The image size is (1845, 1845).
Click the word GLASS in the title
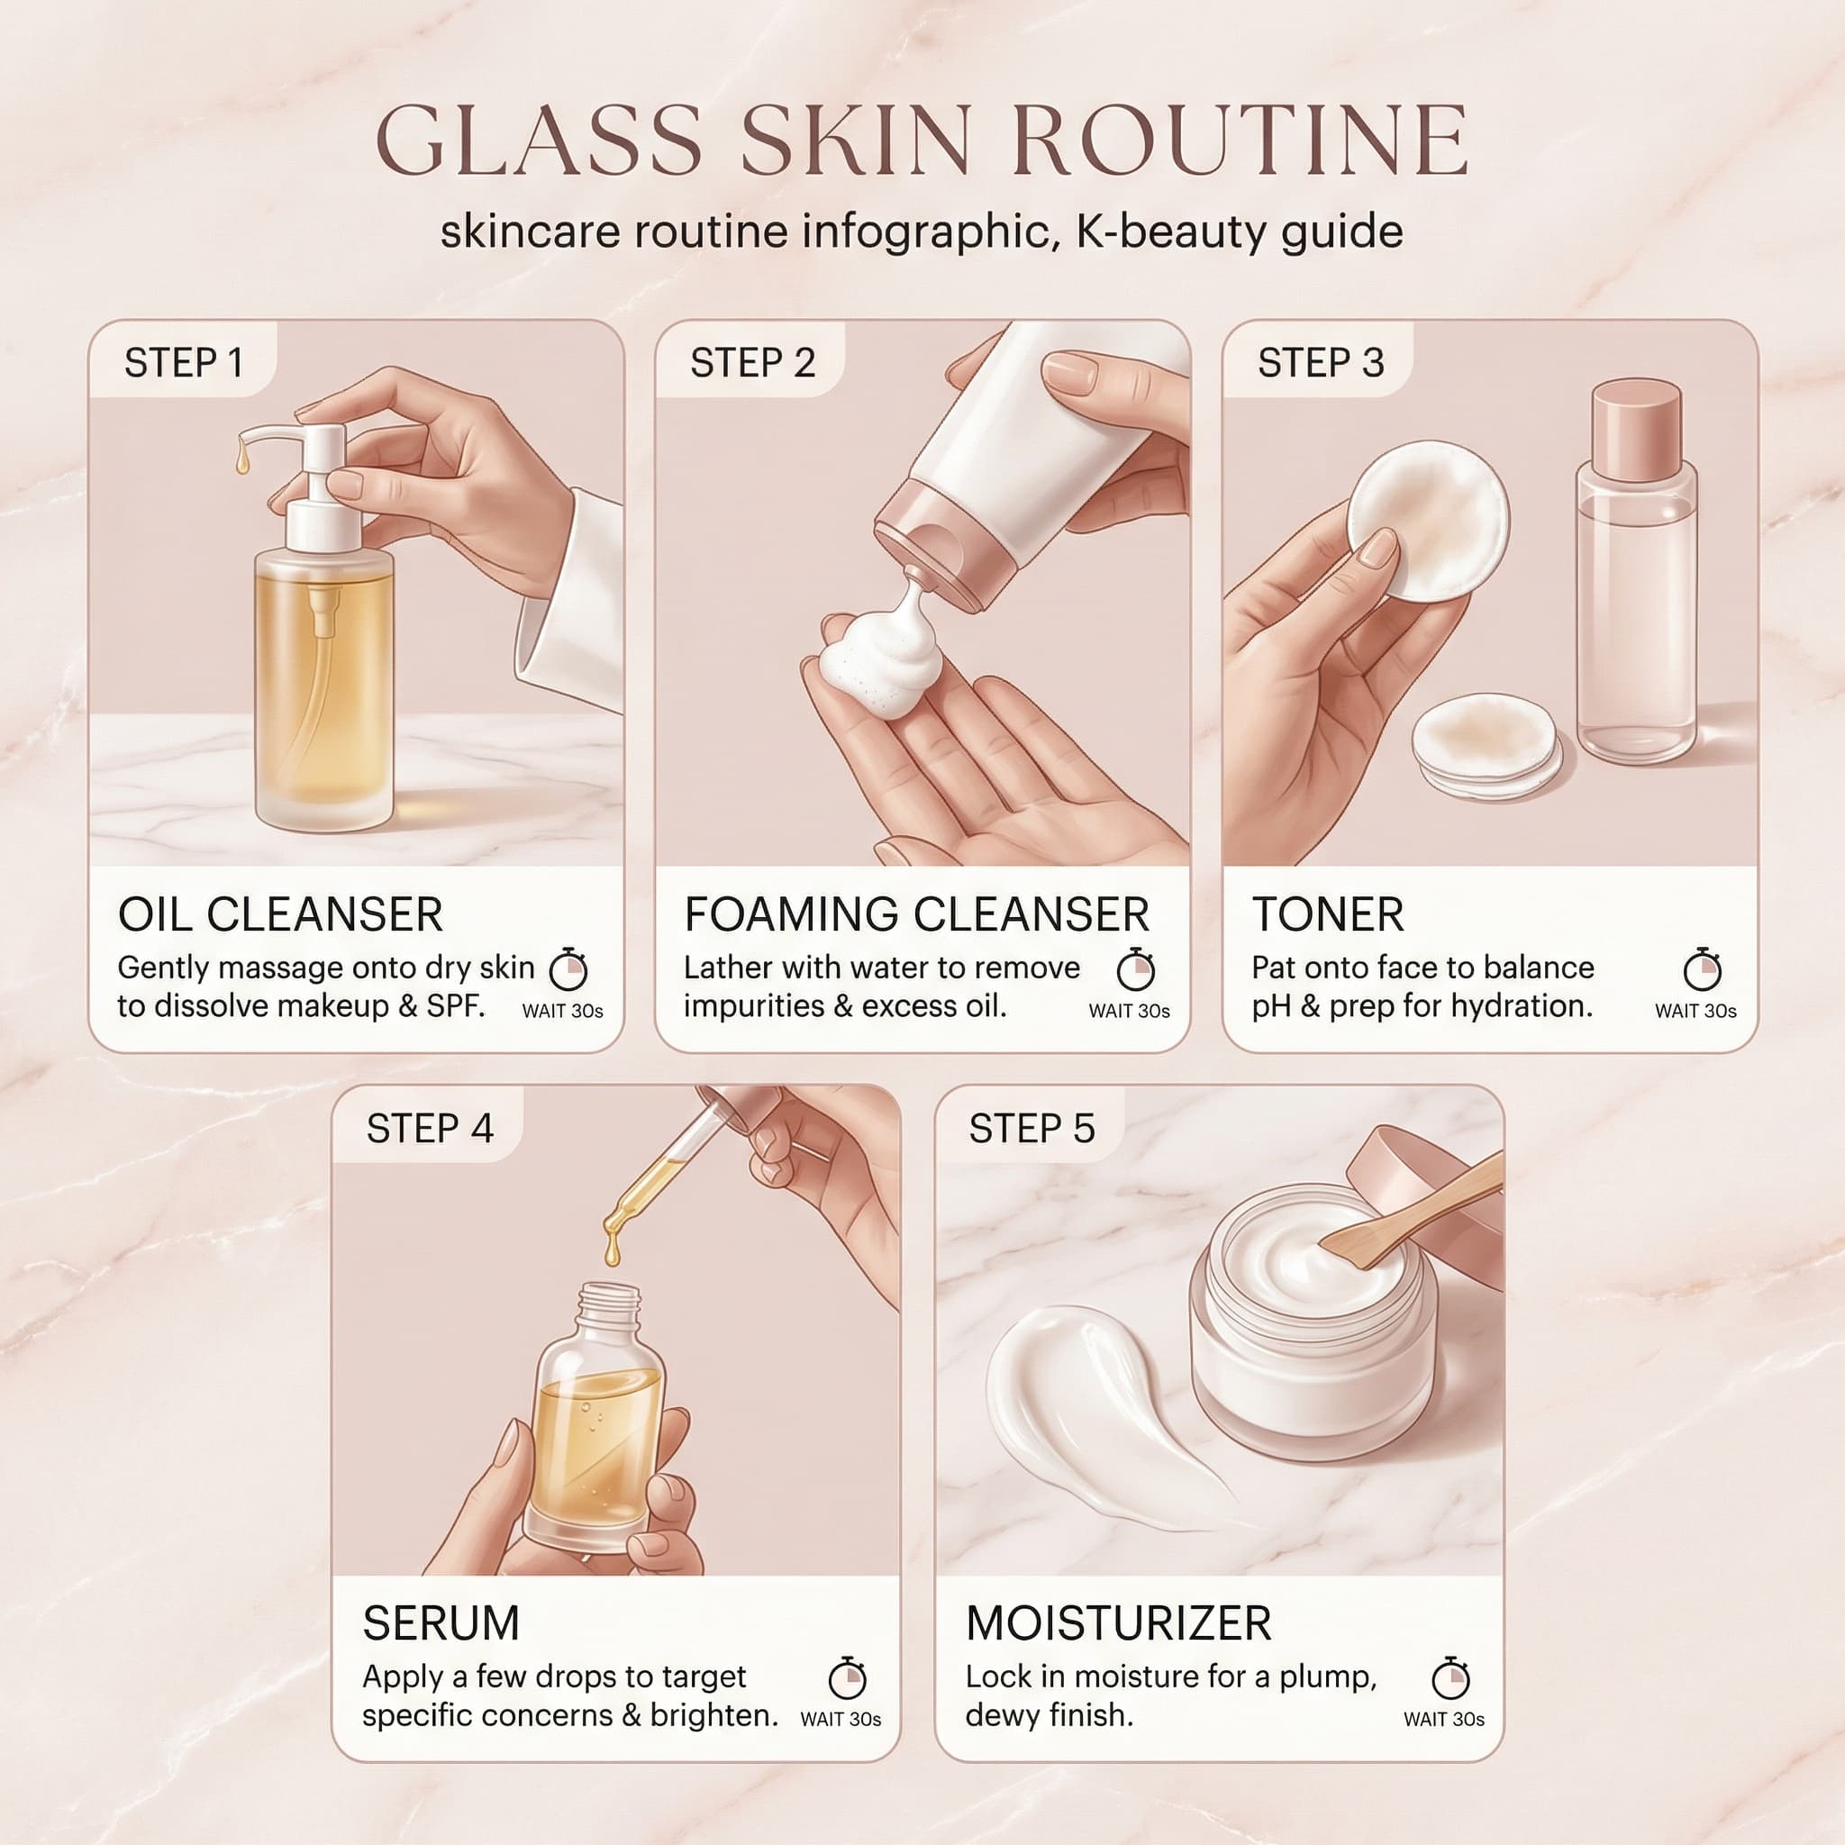pyautogui.click(x=540, y=141)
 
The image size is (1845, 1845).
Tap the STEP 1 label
pyautogui.click(x=184, y=363)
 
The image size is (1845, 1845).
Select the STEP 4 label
pyautogui.click(x=430, y=1129)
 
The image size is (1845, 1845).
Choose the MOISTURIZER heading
pyautogui.click(x=1118, y=1623)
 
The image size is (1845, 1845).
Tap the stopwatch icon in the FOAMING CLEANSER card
pyautogui.click(x=1135, y=969)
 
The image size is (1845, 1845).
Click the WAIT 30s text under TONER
pyautogui.click(x=1695, y=1012)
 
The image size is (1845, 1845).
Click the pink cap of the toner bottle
pyautogui.click(x=1636, y=430)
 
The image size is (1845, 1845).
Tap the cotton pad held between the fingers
pyautogui.click(x=1428, y=521)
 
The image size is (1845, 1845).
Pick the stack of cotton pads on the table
pyautogui.click(x=1485, y=746)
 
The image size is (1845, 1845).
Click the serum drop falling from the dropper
pyautogui.click(x=612, y=1250)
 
